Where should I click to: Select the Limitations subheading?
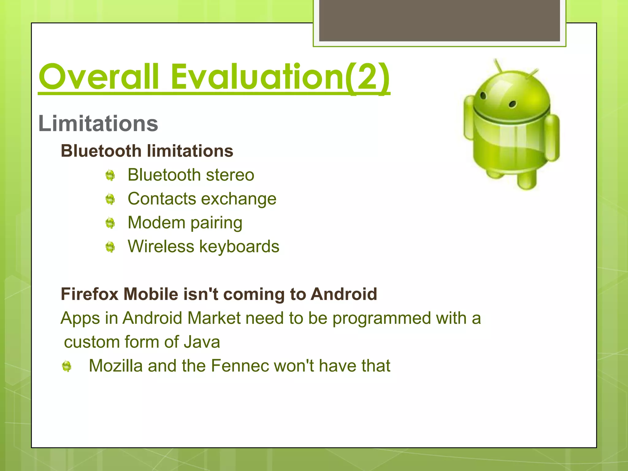click(x=98, y=124)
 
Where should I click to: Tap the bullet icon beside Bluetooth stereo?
click(x=110, y=175)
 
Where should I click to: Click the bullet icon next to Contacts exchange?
click(x=110, y=199)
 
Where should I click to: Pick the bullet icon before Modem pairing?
click(x=110, y=223)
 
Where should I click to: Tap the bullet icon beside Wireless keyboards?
click(x=110, y=247)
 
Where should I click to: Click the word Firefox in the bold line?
click(x=90, y=294)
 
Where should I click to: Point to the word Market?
click(x=214, y=318)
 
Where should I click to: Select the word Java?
click(x=202, y=342)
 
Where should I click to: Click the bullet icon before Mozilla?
click(x=67, y=366)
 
